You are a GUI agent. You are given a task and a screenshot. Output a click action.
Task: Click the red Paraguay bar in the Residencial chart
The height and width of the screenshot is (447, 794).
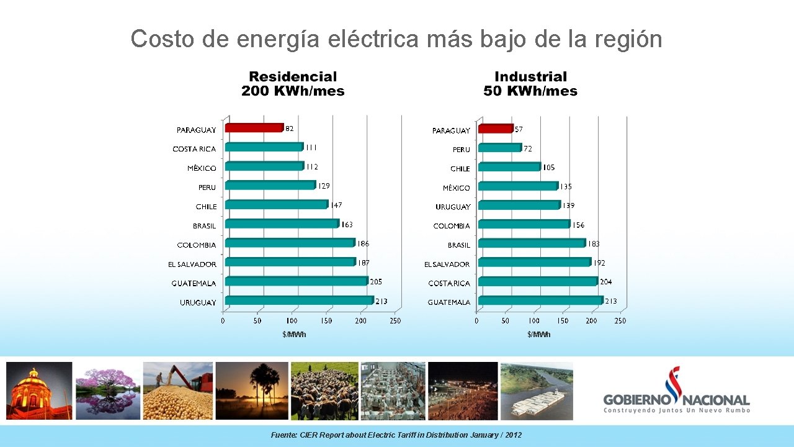point(254,128)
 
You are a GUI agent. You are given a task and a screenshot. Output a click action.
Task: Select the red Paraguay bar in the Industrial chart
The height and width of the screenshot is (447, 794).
point(496,129)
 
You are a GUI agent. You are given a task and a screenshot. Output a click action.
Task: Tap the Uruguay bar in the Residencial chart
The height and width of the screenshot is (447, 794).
point(300,300)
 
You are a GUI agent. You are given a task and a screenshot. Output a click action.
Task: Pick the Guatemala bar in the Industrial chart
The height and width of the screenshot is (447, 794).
point(540,300)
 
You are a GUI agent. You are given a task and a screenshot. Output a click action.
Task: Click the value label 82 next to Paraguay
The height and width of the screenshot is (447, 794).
point(290,129)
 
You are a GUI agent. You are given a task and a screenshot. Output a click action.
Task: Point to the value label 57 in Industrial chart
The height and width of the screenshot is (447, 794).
point(519,129)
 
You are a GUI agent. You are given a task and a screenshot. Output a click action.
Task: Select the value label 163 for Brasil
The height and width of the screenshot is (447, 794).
point(347,224)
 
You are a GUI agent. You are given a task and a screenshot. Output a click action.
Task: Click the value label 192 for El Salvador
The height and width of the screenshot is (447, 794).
point(599,263)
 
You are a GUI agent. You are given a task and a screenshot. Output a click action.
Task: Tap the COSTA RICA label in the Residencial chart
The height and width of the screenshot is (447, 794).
point(194,149)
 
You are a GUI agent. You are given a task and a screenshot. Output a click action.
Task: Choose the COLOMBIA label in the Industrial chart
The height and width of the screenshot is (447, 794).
point(452,226)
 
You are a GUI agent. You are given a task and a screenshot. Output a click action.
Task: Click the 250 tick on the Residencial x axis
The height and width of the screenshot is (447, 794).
point(395,321)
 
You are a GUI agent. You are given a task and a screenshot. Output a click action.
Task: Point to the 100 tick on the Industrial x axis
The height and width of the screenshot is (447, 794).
point(534,321)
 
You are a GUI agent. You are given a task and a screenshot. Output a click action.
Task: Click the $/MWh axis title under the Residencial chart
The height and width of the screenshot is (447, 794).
point(294,335)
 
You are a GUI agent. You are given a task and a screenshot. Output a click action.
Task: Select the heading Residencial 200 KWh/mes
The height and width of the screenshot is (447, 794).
point(293,84)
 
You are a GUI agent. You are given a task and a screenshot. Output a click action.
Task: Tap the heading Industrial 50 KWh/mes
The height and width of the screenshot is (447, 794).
point(530,84)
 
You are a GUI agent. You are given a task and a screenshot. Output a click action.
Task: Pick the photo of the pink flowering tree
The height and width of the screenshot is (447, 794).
point(108,391)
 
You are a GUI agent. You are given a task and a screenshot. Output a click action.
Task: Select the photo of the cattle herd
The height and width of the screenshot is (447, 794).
point(324,391)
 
